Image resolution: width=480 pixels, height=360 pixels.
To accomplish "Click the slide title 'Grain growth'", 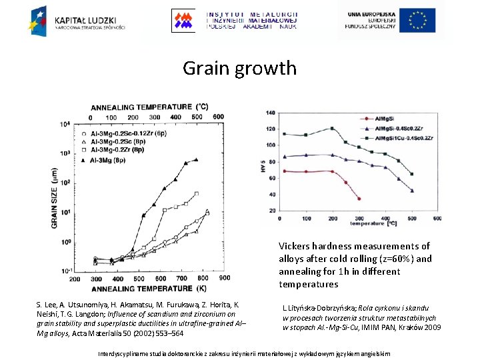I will tap(239, 68).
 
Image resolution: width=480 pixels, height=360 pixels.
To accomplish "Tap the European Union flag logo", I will tap(417, 20).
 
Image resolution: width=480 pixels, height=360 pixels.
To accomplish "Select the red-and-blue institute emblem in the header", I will tap(185, 20).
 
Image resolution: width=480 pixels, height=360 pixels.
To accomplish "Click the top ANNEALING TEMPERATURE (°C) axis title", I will tap(149, 107).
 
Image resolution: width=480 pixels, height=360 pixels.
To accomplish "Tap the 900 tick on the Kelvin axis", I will tap(225, 278).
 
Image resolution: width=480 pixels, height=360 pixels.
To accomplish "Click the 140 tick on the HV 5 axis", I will tap(271, 112).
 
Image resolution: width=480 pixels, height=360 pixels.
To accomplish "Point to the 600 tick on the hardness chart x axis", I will tap(437, 219).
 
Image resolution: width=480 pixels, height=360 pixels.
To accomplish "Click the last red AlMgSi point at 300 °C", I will tap(359, 199).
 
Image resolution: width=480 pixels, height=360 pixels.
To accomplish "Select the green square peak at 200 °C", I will tap(332, 129).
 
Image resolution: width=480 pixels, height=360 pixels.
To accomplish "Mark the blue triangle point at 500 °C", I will tap(411, 191).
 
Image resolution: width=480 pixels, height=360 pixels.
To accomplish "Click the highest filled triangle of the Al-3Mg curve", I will tap(196, 159).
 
